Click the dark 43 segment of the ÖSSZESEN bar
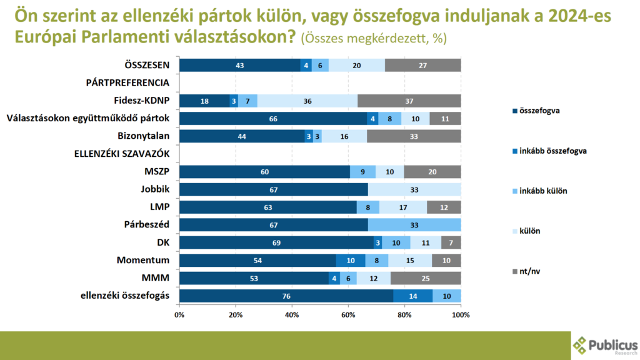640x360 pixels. [x=240, y=65]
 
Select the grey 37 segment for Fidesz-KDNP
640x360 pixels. [x=409, y=101]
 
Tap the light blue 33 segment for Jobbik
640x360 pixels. [x=414, y=189]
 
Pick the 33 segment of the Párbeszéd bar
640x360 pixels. [x=414, y=225]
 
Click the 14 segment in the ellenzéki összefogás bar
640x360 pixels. [x=413, y=296]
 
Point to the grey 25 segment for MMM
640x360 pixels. [x=426, y=278]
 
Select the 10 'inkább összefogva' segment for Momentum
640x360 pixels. [x=351, y=261]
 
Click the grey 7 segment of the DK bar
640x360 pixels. [x=451, y=242]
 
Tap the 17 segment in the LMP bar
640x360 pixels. [x=403, y=207]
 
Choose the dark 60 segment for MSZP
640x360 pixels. [x=264, y=172]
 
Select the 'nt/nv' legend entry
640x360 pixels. [x=526, y=271]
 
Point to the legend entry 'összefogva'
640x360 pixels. [x=536, y=111]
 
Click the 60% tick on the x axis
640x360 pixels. [x=348, y=315]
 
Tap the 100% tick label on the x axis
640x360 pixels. [x=461, y=315]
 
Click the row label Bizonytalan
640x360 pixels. [x=143, y=136]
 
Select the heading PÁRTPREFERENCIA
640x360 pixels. [x=127, y=83]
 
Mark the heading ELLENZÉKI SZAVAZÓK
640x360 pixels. [x=122, y=154]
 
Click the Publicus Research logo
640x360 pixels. [x=605, y=346]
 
